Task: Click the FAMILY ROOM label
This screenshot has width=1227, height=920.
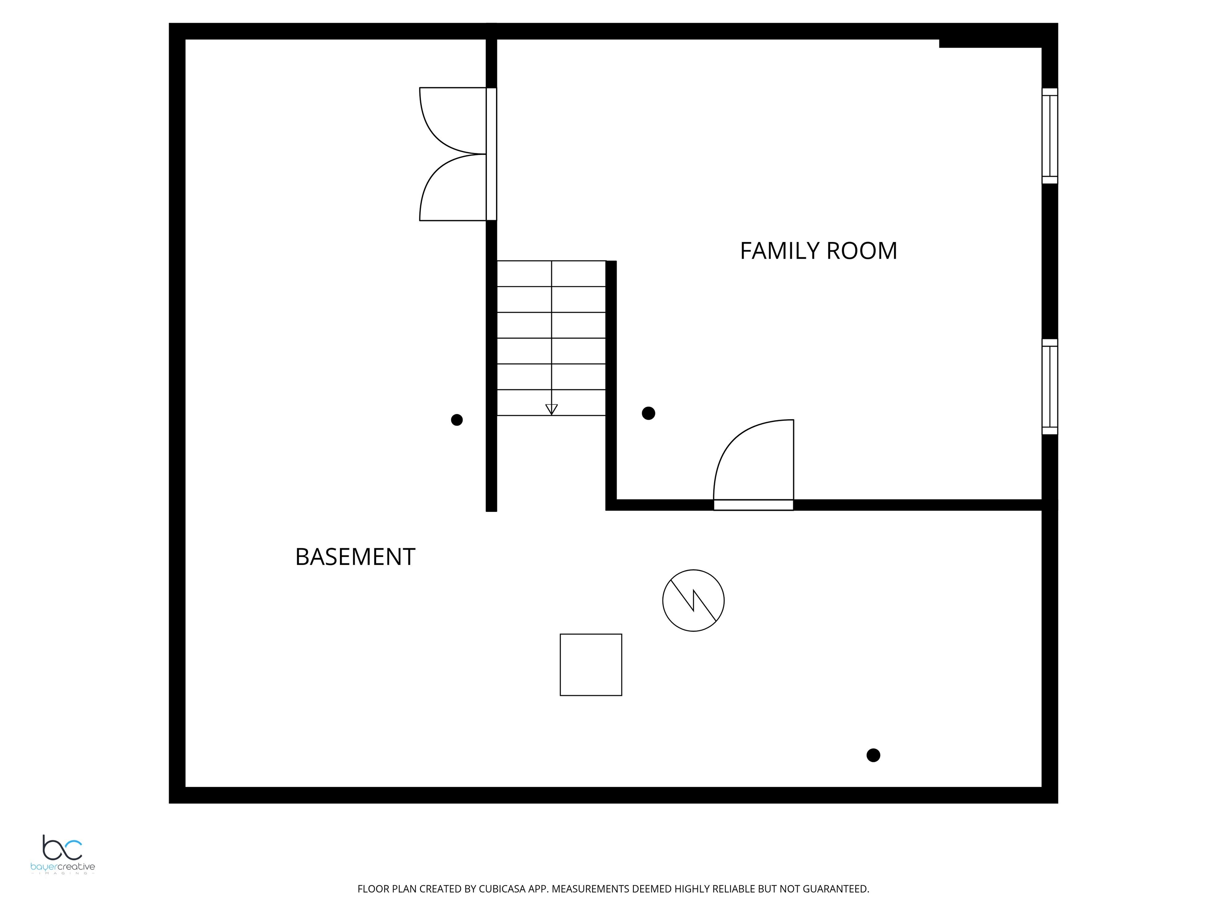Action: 818,251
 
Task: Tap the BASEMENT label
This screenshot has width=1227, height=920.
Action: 355,557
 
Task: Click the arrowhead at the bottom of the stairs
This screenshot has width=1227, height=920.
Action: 551,409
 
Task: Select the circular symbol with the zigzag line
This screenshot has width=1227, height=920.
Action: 693,600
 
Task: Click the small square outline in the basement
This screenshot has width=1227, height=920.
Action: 591,664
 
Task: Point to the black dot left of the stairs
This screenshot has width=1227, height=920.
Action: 457,420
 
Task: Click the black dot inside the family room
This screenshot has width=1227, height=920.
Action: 648,413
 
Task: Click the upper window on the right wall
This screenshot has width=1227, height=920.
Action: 1050,136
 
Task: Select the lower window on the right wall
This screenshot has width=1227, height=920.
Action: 1050,387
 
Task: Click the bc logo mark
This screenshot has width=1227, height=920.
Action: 62,847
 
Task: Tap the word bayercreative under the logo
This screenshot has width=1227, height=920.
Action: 63,867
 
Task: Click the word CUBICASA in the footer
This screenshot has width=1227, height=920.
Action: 502,889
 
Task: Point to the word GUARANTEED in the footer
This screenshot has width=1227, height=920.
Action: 836,889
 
